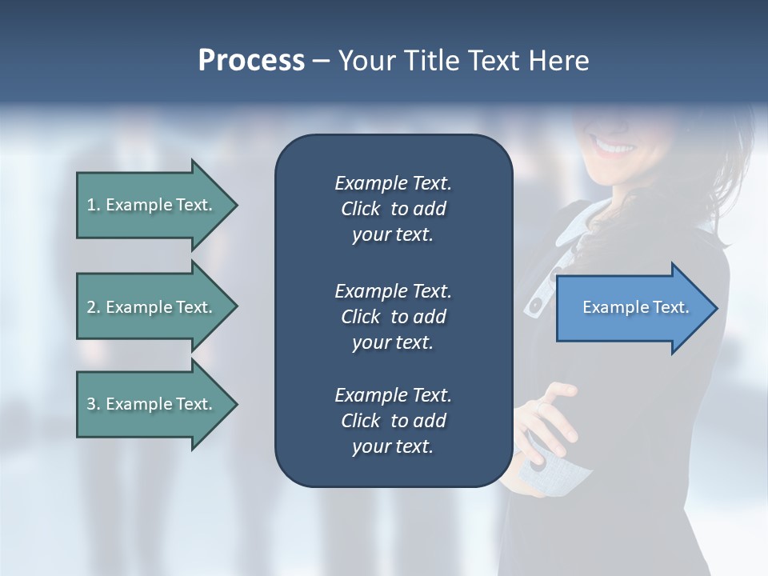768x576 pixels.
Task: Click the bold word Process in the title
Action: tap(251, 61)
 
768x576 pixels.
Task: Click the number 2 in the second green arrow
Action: tap(91, 307)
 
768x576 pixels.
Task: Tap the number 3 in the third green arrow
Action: tap(91, 404)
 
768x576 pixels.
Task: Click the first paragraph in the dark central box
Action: tap(393, 209)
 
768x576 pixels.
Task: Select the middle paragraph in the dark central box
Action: tap(393, 316)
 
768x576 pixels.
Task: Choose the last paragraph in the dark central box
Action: tap(393, 421)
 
